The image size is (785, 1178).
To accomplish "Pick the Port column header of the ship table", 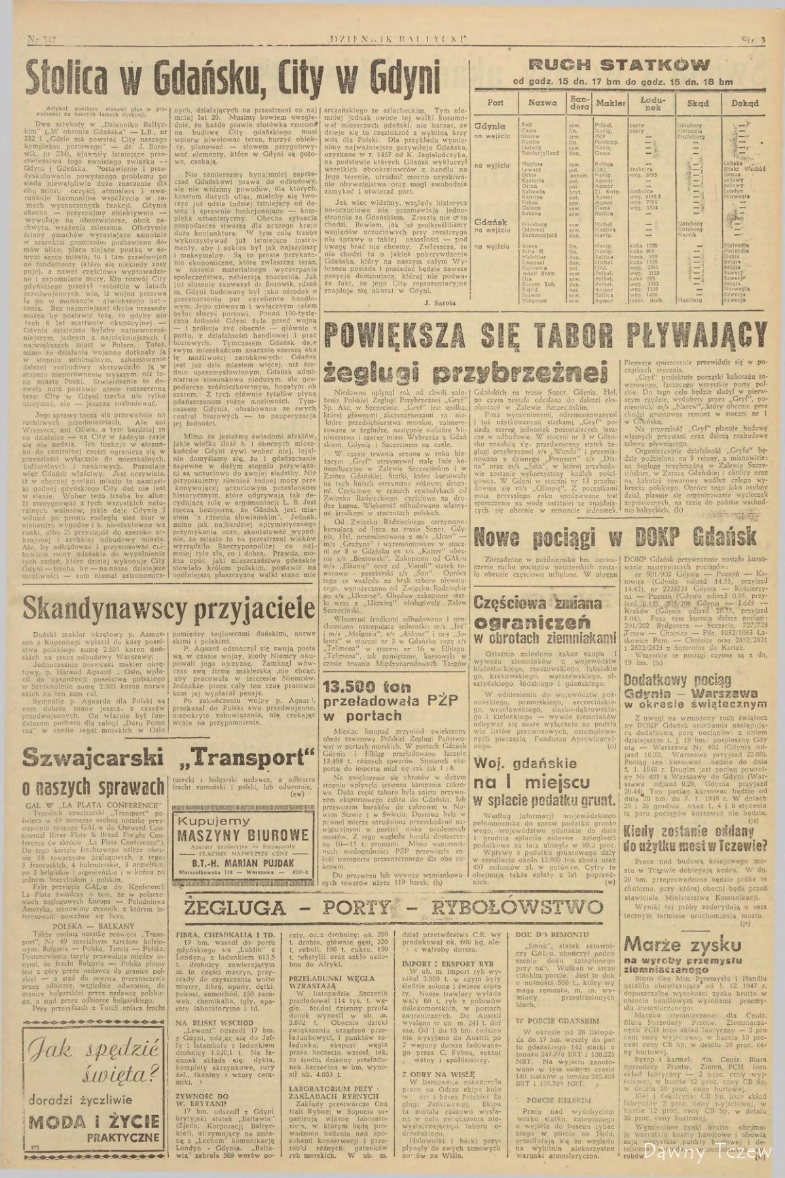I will tap(496, 103).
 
